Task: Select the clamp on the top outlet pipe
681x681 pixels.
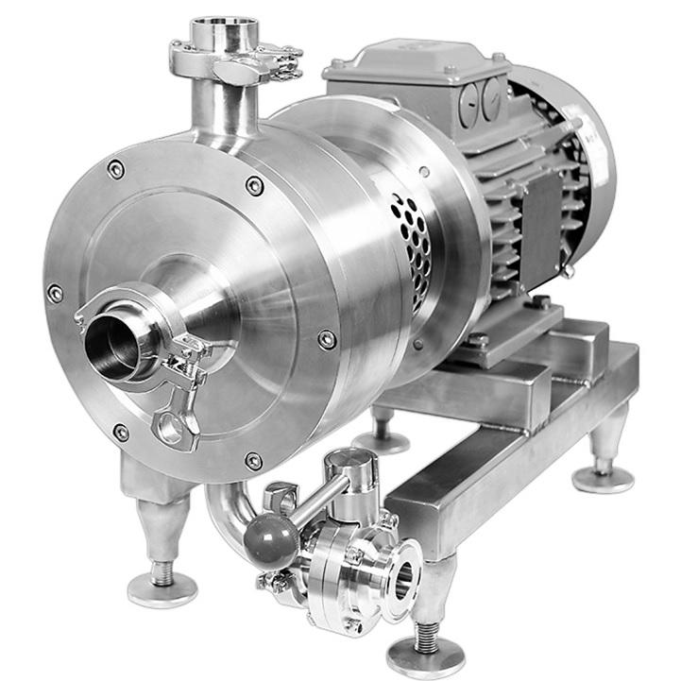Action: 236,62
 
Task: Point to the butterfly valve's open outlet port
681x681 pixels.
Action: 404,578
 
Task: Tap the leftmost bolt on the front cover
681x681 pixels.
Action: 56,294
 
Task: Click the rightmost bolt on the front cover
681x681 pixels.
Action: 327,339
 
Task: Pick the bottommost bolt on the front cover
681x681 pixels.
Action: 253,461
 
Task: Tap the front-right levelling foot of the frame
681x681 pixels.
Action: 426,652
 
